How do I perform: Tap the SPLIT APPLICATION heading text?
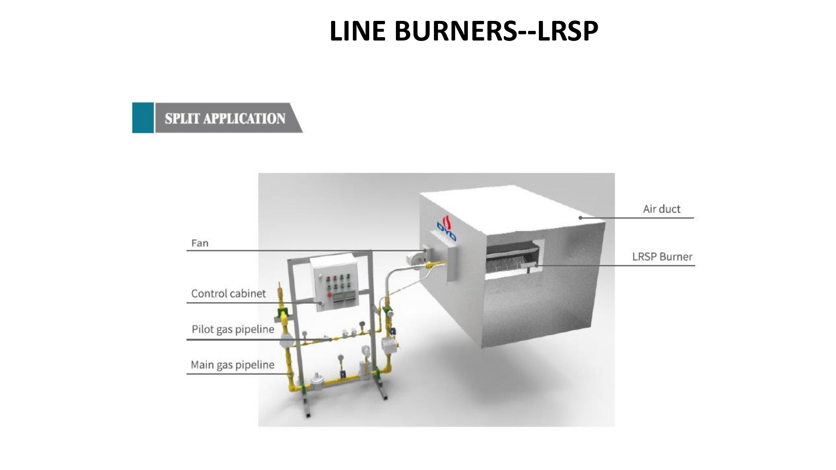[x=225, y=119]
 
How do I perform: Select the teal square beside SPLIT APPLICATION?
[x=143, y=118]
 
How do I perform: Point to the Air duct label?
[x=661, y=209]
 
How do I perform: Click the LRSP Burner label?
[x=662, y=257]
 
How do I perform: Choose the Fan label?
[x=200, y=243]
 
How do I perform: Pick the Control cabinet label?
[x=228, y=294]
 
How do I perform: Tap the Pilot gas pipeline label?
[x=233, y=329]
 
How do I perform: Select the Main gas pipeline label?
[x=232, y=365]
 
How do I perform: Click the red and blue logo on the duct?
[x=446, y=228]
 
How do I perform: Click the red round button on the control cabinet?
[x=329, y=295]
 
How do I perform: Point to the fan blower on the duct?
[x=417, y=257]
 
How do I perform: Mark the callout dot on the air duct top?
[x=580, y=218]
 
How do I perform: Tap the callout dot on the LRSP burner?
[x=536, y=266]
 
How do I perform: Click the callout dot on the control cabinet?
[x=321, y=302]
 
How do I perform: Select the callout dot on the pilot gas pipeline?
[x=331, y=340]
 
